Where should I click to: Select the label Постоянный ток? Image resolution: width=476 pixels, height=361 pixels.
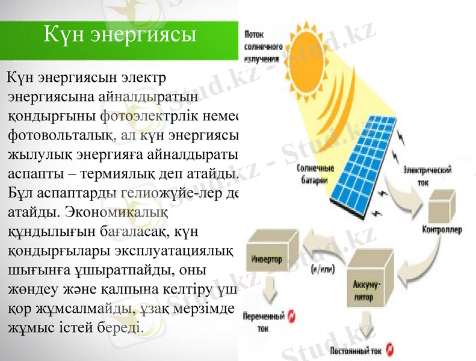pyautogui.click(x=356, y=350)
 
